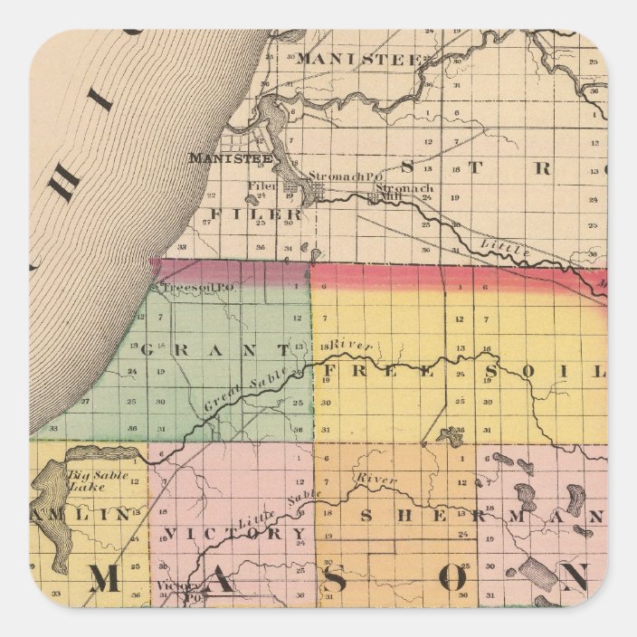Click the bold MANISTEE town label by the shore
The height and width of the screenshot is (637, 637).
[x=218, y=157]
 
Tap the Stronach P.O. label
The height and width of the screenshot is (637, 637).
[x=338, y=176]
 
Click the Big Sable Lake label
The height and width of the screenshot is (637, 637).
[x=99, y=480]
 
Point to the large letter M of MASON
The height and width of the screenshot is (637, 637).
[x=106, y=579]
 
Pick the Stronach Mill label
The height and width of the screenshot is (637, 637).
[x=404, y=190]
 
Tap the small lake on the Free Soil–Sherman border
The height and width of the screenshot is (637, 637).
[x=445, y=437]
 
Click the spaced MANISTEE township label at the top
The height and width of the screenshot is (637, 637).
[x=357, y=59]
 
